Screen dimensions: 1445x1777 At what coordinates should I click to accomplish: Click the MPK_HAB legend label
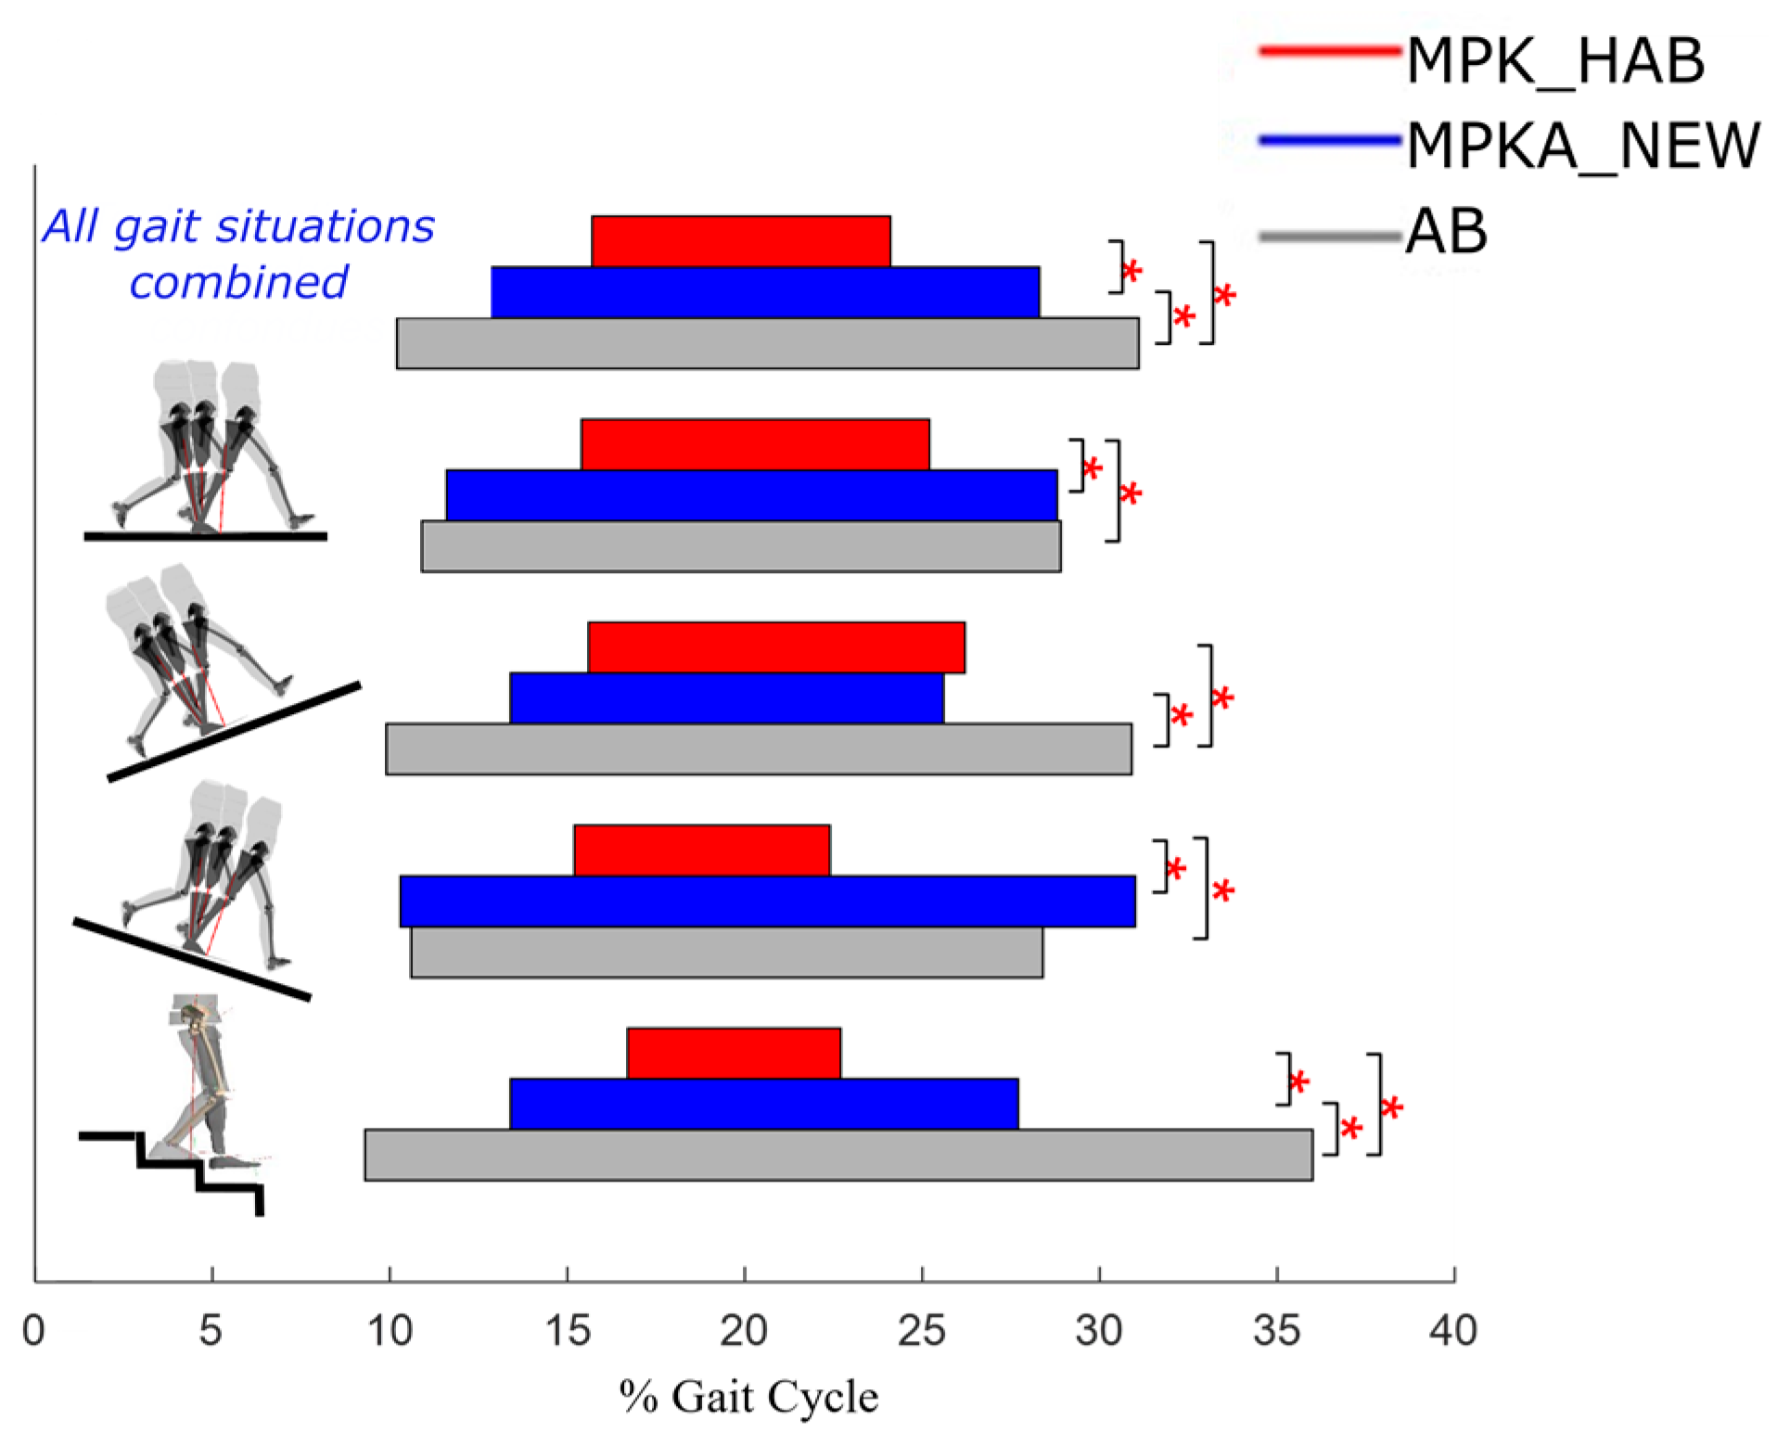coord(1554,61)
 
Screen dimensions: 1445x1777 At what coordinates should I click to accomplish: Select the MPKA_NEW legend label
coord(1582,146)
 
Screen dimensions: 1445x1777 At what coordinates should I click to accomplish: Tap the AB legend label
coord(1446,231)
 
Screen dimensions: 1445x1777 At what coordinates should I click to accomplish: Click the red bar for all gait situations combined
coord(740,241)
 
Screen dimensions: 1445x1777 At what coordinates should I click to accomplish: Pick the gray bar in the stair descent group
coord(837,1154)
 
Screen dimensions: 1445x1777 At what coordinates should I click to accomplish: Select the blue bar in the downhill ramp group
coord(767,901)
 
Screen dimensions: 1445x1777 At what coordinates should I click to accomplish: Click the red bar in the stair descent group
coord(733,1053)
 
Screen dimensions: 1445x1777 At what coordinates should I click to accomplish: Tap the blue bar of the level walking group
coord(751,495)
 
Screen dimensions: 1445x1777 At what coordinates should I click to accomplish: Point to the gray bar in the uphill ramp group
coord(758,748)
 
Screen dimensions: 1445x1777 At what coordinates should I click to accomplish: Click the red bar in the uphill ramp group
coord(775,646)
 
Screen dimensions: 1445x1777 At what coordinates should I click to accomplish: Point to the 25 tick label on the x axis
coord(921,1331)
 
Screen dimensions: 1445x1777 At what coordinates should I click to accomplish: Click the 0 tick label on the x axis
coord(33,1331)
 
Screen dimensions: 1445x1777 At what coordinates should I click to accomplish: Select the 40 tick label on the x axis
coord(1452,1331)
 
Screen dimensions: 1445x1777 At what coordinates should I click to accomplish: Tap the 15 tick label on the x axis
coord(567,1331)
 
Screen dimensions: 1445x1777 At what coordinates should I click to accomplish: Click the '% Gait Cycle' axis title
coord(748,1397)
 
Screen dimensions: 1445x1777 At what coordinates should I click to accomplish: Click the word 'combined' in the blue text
coord(238,282)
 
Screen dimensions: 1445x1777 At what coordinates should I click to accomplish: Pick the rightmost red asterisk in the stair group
coord(1391,1107)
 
